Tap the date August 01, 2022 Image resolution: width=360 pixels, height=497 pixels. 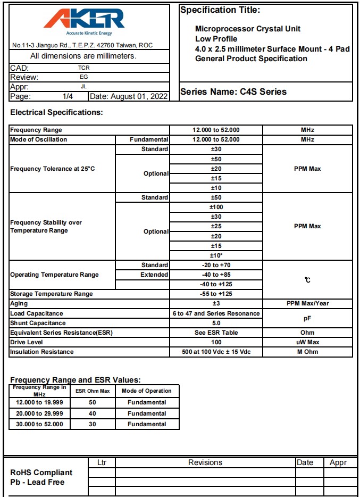coord(129,96)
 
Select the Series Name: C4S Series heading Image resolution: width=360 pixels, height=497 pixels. coord(233,92)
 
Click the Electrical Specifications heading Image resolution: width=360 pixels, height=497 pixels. coord(56,112)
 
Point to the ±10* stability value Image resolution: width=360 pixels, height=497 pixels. coord(216,255)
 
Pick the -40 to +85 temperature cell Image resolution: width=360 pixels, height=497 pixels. coord(216,275)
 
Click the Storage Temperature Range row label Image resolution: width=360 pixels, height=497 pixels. coord(52,294)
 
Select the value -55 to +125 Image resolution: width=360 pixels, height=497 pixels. coord(216,294)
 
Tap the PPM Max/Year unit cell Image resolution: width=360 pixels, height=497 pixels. coord(307,303)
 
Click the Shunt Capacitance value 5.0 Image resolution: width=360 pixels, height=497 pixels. coord(216,323)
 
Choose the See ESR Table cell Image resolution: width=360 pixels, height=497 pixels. coord(216,333)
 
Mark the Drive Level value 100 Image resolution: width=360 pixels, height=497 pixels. coord(216,342)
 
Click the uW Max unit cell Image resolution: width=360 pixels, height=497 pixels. coord(307,342)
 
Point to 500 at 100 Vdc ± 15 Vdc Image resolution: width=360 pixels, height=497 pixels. coord(216,352)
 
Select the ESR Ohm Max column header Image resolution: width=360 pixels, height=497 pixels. coord(93,391)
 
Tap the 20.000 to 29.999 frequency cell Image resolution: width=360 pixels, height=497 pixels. coord(40,413)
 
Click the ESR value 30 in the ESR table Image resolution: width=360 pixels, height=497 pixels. coord(93,424)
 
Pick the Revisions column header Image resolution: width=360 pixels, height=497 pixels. coord(205,462)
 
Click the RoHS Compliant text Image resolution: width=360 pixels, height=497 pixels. coord(41,473)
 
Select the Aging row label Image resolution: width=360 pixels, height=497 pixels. coord(19,303)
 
